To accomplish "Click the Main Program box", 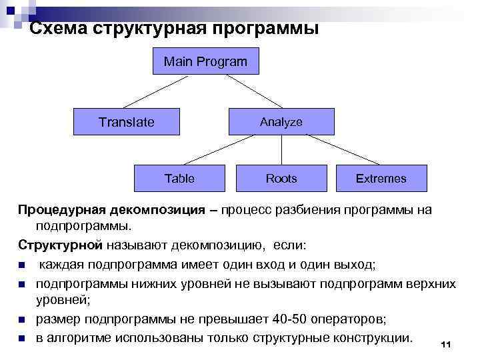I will (x=205, y=63).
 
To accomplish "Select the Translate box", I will (x=127, y=122).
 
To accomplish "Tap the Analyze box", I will (x=281, y=122).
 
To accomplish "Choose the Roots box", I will (x=281, y=178).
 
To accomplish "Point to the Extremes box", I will (x=381, y=178).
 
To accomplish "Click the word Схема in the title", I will (x=56, y=29).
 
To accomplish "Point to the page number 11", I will (x=446, y=344).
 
